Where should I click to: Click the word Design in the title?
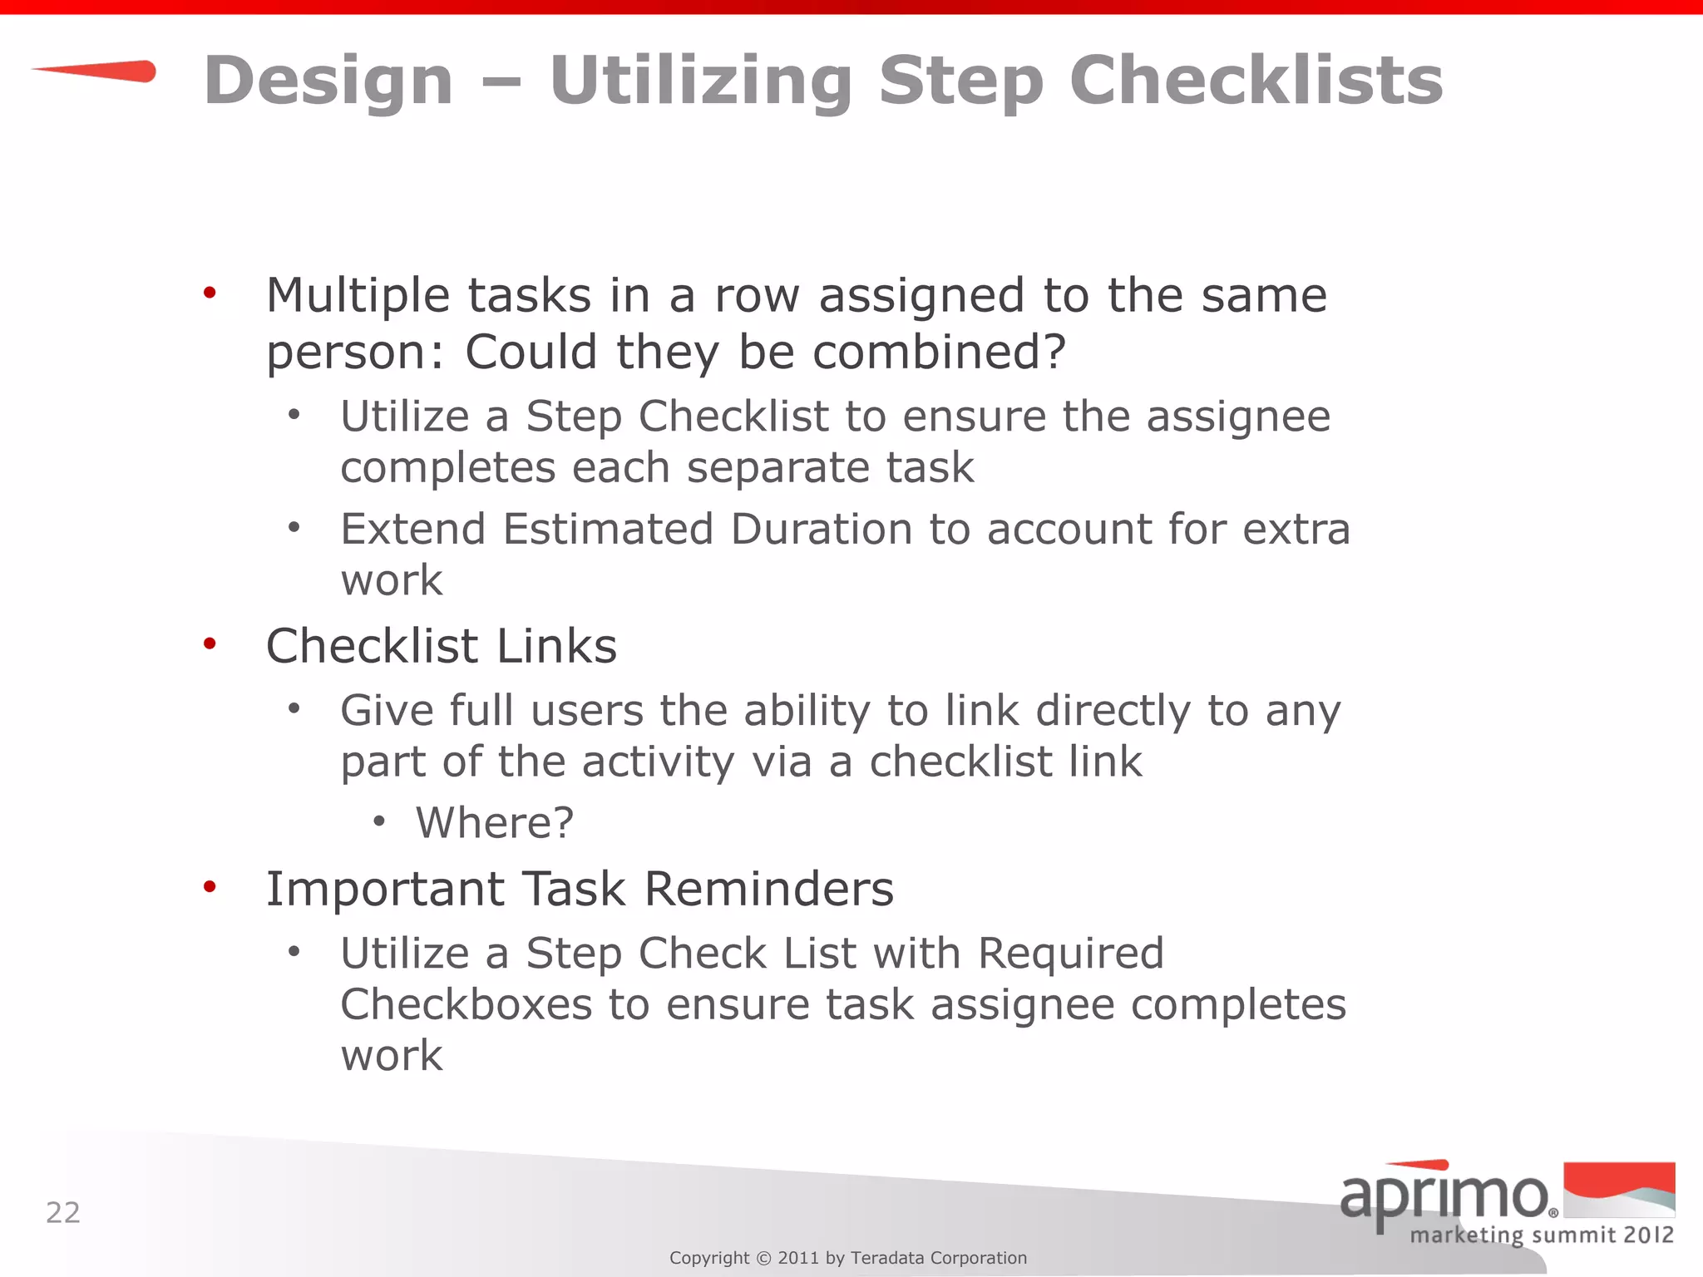(328, 81)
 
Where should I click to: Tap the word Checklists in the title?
(1256, 81)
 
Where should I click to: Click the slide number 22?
(63, 1213)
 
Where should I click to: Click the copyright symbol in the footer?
(763, 1258)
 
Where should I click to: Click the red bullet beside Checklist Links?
(210, 643)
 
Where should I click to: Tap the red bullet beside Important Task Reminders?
(210, 886)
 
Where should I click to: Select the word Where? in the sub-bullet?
(495, 823)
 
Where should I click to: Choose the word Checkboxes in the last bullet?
(466, 1004)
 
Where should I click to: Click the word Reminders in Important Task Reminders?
(769, 889)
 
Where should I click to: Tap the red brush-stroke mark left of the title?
(96, 71)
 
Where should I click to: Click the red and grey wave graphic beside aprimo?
(1619, 1190)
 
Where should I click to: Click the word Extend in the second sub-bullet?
(413, 530)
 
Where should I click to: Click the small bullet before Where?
(379, 822)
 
